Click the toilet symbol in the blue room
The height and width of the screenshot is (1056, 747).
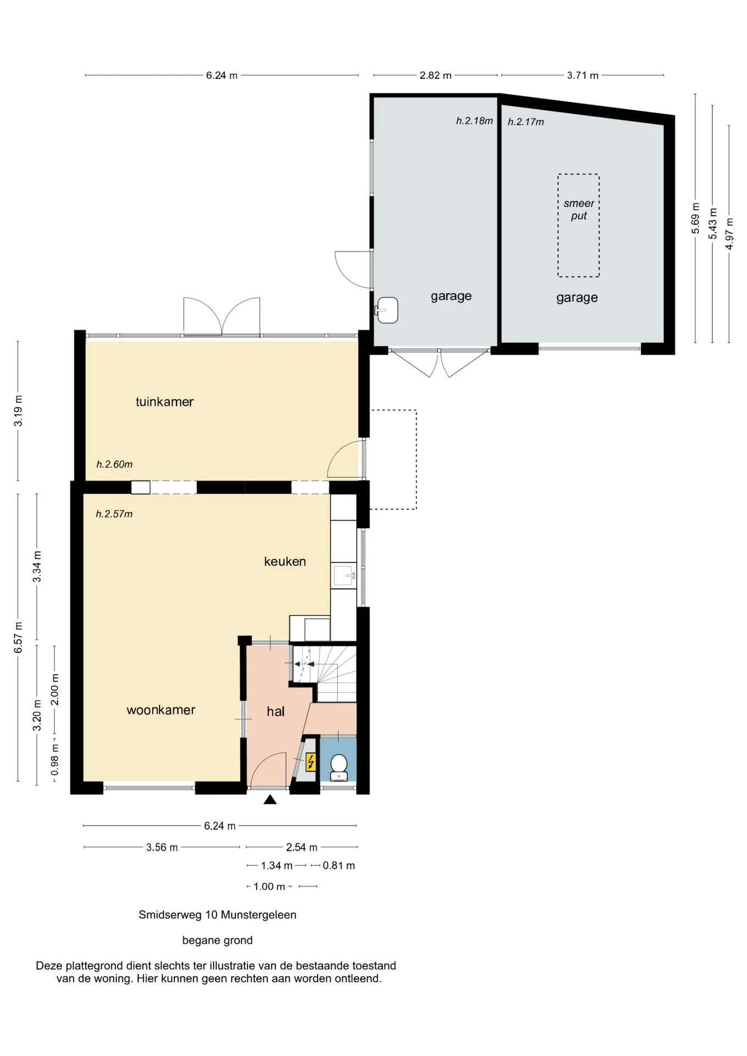point(338,767)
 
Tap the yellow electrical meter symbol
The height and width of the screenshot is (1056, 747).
point(311,762)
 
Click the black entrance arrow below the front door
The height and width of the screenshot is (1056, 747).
point(270,799)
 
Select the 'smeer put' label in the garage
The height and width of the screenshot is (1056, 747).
point(579,210)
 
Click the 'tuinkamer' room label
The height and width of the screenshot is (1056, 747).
point(164,402)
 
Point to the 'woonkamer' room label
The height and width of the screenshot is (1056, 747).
point(161,710)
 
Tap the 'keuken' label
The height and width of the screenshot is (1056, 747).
point(285,562)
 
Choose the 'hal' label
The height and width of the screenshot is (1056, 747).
point(276,712)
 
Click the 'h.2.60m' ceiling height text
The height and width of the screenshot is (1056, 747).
point(114,464)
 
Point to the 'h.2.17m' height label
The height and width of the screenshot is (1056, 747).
point(526,122)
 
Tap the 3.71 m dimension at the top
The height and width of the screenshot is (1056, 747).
point(583,75)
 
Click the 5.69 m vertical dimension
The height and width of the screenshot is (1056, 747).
point(696,218)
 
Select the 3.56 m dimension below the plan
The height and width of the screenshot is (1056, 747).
point(162,848)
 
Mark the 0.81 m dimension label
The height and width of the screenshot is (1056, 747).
point(339,866)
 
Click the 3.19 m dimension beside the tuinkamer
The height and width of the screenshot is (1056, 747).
point(18,411)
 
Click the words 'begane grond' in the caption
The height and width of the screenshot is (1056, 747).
point(217,941)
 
